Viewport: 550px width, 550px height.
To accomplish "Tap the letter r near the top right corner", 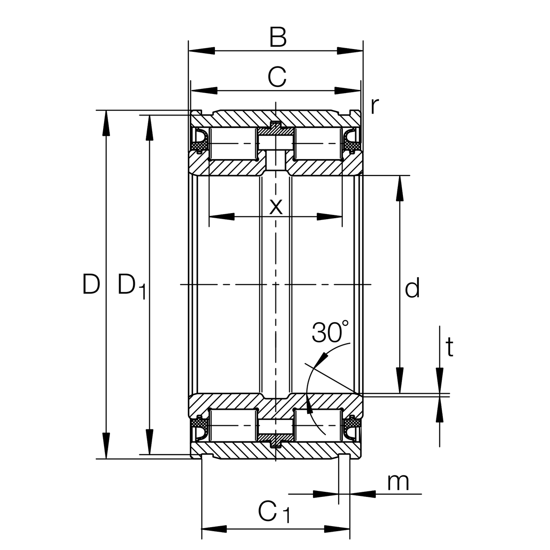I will tap(374, 106).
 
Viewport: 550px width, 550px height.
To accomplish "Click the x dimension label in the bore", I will tap(275, 207).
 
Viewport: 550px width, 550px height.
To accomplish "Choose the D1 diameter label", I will tap(131, 286).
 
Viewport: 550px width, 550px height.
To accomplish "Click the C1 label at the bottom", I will tap(274, 512).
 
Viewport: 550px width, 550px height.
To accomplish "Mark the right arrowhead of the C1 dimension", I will tap(337, 529).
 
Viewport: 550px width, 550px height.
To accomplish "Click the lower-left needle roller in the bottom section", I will tap(233, 426).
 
